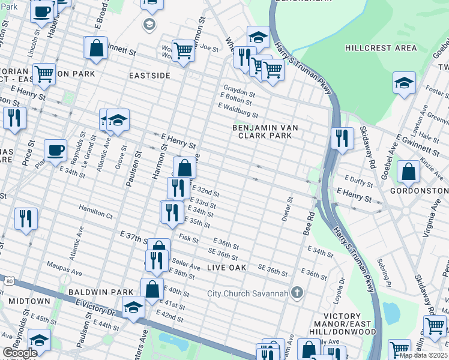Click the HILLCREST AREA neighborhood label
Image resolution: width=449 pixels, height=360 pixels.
point(381,48)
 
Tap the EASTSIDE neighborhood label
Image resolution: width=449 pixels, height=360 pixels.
point(149,76)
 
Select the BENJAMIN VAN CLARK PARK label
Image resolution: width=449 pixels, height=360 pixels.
point(266,131)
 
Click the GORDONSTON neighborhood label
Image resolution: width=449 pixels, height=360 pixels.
point(419,191)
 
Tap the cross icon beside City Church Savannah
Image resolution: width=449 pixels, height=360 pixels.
point(296,293)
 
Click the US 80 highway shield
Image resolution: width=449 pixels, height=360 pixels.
point(8,281)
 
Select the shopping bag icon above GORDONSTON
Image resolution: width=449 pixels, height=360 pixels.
point(408,172)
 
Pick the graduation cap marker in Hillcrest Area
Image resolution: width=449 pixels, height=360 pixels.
point(404,83)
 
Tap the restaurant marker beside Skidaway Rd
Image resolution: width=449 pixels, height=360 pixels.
point(342,138)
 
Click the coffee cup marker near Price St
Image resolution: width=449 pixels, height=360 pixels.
point(55,150)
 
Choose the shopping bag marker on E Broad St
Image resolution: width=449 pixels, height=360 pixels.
point(96,48)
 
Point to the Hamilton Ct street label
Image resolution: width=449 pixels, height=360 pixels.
point(95,214)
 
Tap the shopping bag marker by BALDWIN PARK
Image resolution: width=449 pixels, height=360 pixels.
point(152,289)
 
